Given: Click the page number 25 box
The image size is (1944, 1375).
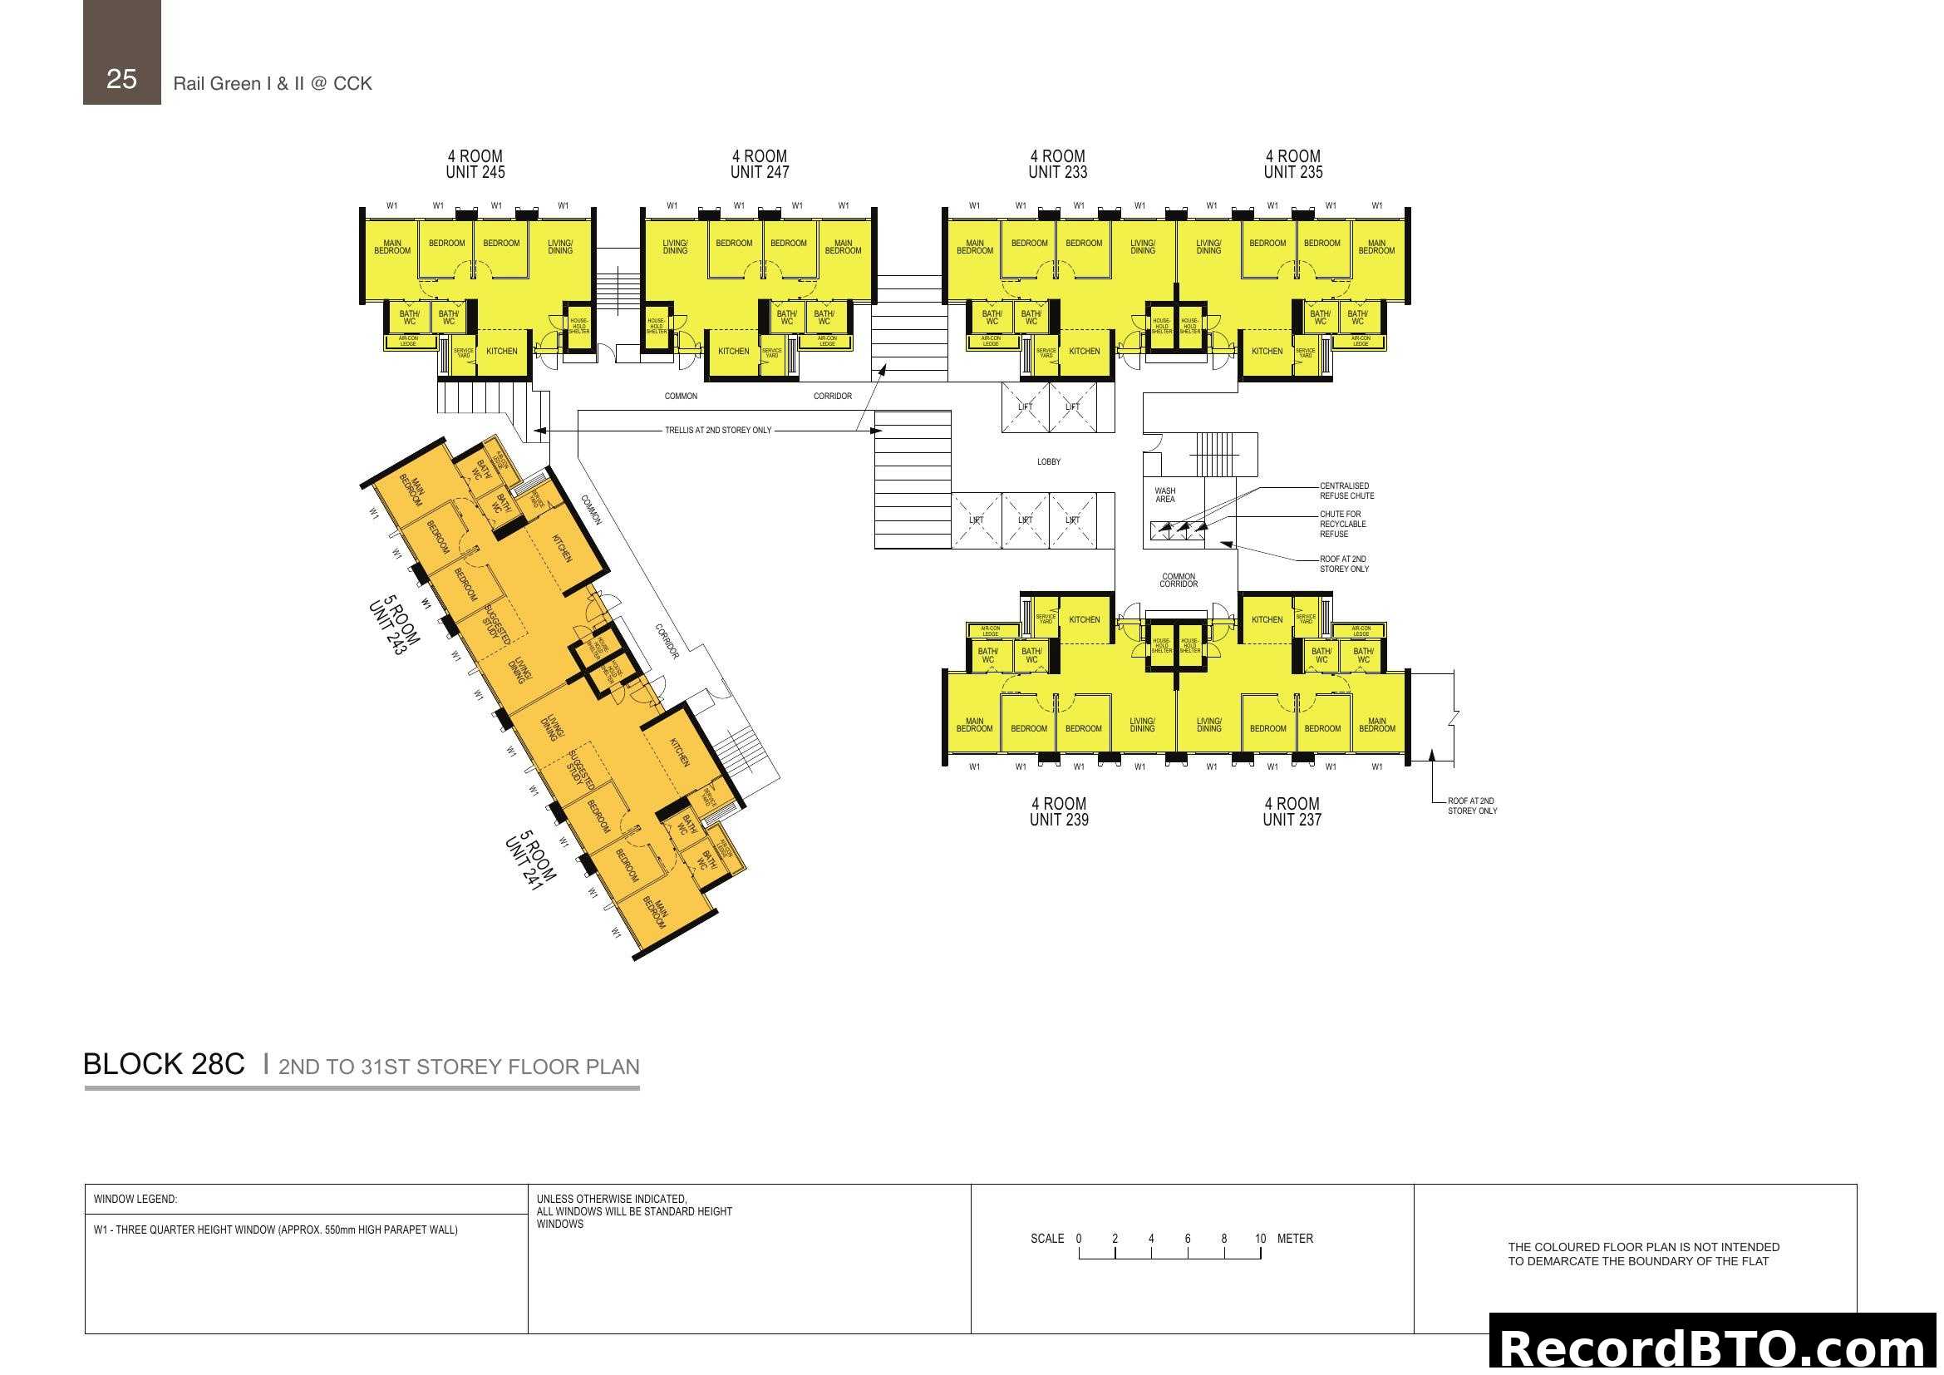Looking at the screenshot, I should tap(121, 53).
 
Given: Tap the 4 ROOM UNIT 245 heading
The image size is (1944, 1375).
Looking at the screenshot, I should tap(475, 165).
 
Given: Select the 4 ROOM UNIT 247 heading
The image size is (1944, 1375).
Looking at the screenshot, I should tap(760, 165).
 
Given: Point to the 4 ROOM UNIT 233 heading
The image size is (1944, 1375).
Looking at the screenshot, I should tap(1057, 165).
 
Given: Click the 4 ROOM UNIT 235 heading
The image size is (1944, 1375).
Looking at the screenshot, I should tap(1293, 165).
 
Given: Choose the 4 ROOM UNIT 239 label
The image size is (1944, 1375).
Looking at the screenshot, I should tap(1058, 811).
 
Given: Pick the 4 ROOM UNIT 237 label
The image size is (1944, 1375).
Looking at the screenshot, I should tap(1292, 811).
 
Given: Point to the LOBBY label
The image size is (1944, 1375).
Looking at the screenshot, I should tap(1048, 462).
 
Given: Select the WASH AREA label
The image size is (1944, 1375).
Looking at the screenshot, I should tap(1165, 495).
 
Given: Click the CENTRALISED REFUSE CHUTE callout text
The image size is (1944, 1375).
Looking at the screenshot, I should tap(1346, 491).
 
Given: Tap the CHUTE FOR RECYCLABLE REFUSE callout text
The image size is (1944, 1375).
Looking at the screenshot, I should tap(1342, 524).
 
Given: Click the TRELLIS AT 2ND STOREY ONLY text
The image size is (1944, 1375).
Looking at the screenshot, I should tap(718, 430).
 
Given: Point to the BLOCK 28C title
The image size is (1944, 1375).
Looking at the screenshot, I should tap(165, 1064).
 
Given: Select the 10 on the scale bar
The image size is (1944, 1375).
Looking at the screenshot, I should tap(1260, 1239).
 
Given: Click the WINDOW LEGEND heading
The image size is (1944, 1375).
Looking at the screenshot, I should tap(135, 1199).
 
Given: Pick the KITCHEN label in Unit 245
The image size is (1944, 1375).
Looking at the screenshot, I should tap(501, 352).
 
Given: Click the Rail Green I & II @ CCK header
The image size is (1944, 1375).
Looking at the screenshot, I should tap(273, 84).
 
